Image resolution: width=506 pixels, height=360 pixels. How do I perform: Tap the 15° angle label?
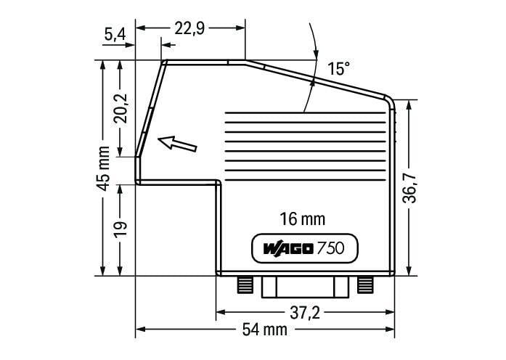click(x=338, y=69)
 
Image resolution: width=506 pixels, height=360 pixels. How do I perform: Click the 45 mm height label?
click(x=103, y=168)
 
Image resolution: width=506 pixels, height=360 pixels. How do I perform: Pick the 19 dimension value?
click(x=121, y=226)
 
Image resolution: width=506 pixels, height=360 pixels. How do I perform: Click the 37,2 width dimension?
click(x=305, y=313)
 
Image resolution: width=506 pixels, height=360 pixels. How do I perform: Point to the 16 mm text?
click(x=302, y=218)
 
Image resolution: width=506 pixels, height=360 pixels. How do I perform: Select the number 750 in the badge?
click(x=335, y=248)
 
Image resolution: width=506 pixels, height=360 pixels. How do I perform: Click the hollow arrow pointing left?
click(x=177, y=143)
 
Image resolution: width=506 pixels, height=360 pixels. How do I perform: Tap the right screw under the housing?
click(x=364, y=284)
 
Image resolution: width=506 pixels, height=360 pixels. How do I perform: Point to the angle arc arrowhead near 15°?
click(x=315, y=55)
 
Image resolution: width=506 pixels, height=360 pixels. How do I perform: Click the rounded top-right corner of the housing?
click(x=390, y=101)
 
